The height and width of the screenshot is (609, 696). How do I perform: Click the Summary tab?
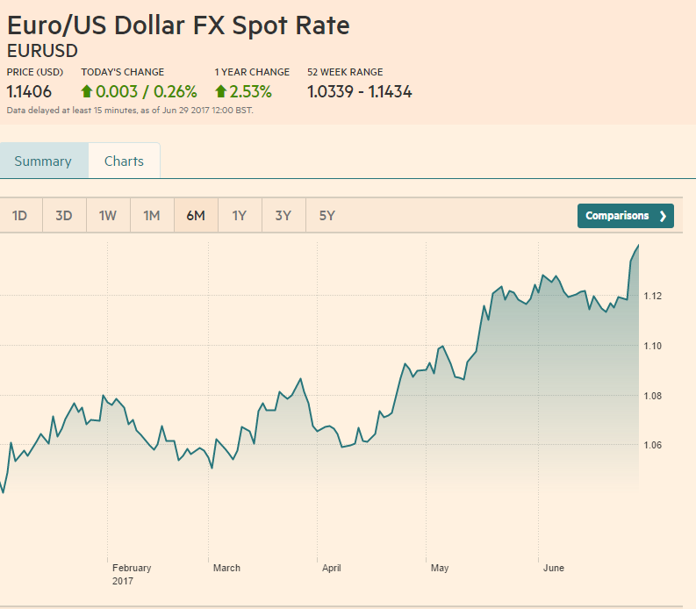(x=43, y=161)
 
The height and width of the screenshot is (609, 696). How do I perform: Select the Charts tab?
(x=124, y=161)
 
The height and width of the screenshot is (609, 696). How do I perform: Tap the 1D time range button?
(x=20, y=216)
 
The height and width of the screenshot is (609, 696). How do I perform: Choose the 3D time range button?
(x=64, y=216)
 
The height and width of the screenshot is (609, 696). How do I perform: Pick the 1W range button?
(x=108, y=216)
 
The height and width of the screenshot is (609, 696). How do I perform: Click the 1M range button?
(x=152, y=216)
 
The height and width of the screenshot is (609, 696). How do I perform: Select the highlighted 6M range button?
(x=196, y=216)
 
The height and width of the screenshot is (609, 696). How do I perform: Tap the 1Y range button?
(x=240, y=216)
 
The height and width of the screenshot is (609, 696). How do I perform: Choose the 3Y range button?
(x=283, y=216)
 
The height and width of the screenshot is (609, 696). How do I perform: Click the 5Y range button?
(x=327, y=216)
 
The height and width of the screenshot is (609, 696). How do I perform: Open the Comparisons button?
(x=625, y=216)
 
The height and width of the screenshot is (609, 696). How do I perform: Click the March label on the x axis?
(x=226, y=569)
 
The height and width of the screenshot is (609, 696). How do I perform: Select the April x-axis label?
(x=332, y=569)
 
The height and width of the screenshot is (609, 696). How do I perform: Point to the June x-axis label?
(x=554, y=569)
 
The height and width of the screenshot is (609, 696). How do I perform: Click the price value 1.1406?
(x=29, y=91)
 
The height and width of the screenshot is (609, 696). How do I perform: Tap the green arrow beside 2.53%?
(x=220, y=91)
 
